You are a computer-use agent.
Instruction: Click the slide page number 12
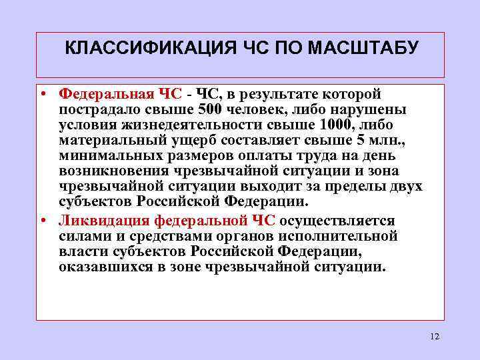coord(435,337)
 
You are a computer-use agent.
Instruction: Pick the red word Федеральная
coord(106,93)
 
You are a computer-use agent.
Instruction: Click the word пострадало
coord(99,109)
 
